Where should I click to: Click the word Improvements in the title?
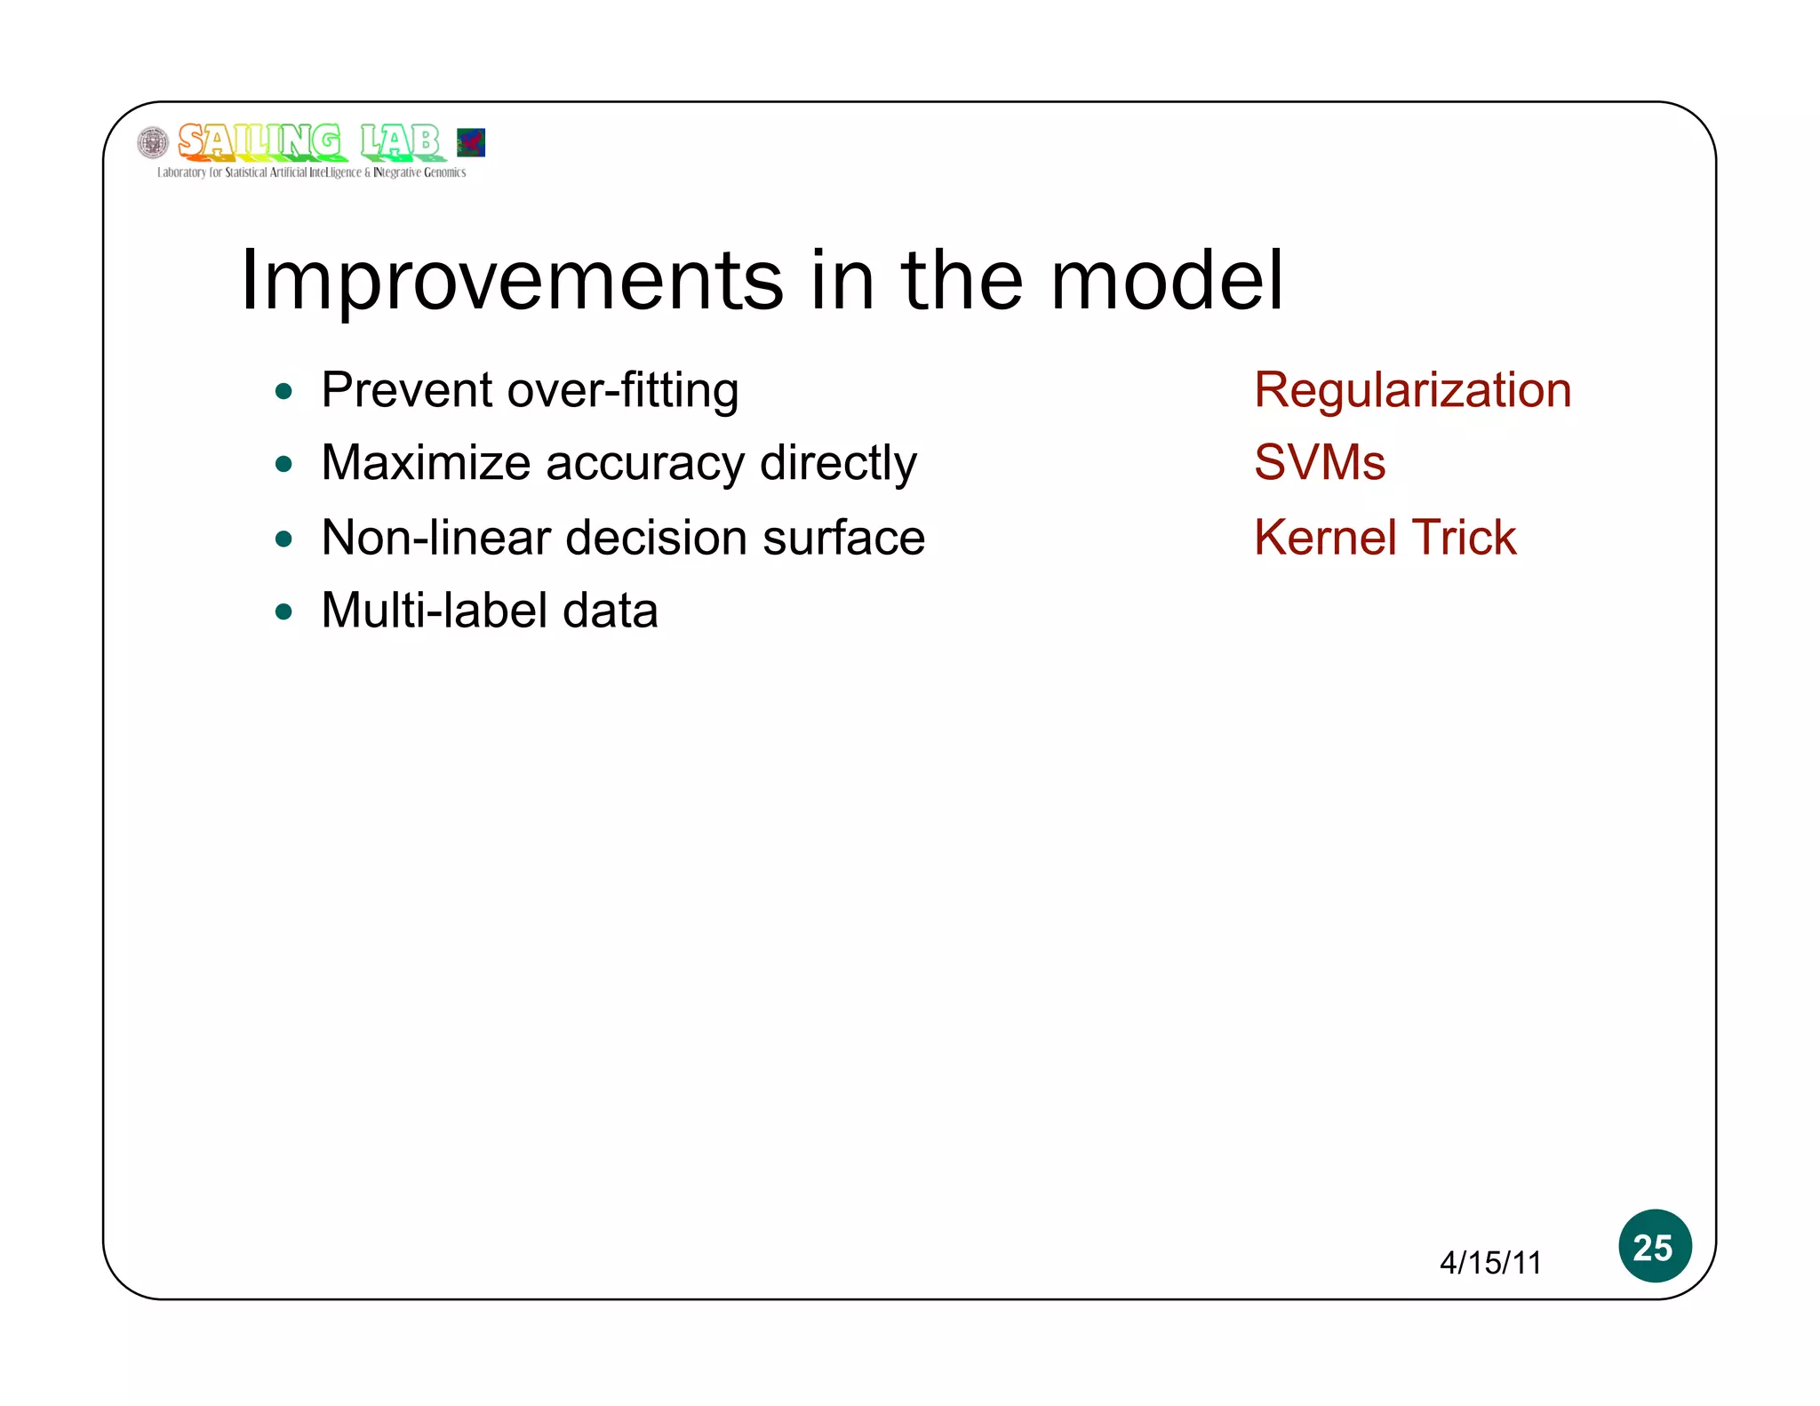pos(512,281)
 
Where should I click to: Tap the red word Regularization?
pos(1412,390)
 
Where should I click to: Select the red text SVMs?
pos(1319,463)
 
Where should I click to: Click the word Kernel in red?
pos(1323,538)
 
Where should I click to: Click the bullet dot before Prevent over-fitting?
pos(283,392)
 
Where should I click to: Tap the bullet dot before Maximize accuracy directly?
pos(283,465)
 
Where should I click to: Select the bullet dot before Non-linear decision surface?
pos(283,539)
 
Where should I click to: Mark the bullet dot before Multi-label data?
pos(283,612)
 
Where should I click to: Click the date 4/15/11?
pos(1490,1263)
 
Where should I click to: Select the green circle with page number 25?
pos(1654,1246)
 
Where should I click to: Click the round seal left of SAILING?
pos(153,142)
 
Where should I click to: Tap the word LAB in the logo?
pos(401,141)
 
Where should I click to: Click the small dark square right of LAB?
pos(471,142)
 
